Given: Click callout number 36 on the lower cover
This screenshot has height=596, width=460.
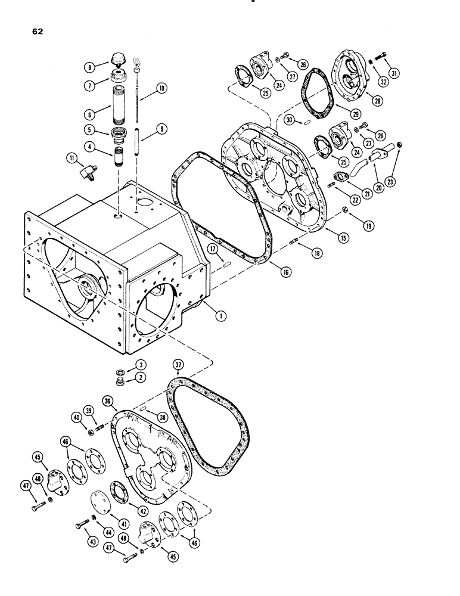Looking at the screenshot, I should (x=107, y=401).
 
